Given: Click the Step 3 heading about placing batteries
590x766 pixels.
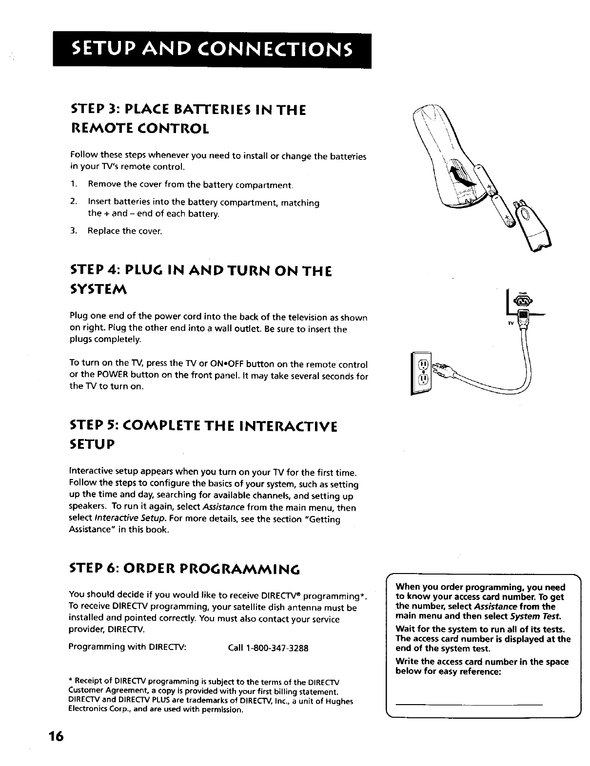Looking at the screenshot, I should click(x=188, y=118).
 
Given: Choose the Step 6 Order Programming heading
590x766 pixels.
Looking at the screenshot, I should click(x=184, y=569).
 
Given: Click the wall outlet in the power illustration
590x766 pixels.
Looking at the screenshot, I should click(x=423, y=373).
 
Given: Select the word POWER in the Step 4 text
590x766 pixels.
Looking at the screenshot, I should click(x=112, y=376).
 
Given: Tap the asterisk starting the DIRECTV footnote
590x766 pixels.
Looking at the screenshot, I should click(x=71, y=681).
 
